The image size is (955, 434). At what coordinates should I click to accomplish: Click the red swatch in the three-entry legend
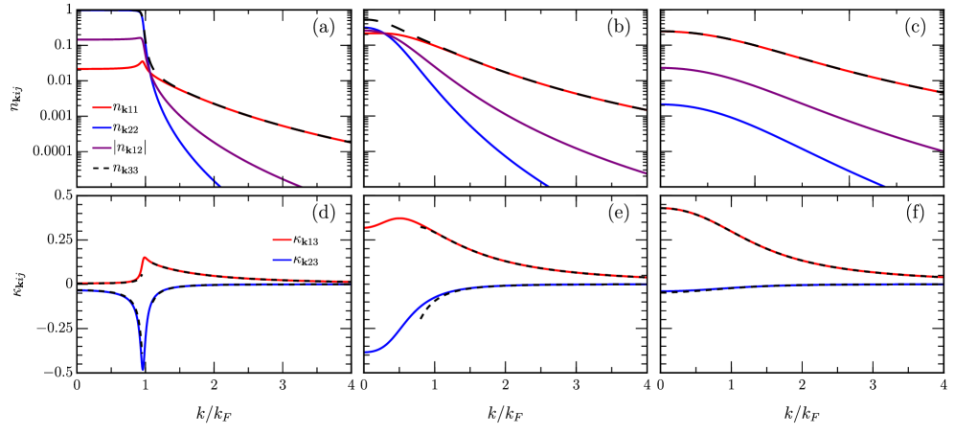point(102,108)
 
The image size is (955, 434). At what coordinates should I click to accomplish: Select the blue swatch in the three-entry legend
point(102,128)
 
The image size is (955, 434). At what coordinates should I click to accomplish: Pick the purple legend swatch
point(102,148)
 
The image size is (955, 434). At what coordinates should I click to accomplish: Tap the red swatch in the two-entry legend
point(282,240)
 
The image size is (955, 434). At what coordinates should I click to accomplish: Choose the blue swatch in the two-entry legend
point(282,260)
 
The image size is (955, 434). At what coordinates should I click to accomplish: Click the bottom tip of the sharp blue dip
point(143,370)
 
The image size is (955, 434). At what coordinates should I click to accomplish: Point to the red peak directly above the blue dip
point(145,257)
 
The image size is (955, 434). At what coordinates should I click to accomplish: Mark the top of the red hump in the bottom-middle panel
point(400,218)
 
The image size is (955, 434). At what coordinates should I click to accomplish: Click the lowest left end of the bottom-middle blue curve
point(366,353)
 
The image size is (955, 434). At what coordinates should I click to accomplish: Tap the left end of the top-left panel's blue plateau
point(82,12)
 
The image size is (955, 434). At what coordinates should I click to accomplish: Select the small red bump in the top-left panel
point(143,62)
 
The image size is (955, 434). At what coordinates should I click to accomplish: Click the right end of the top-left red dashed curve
point(345,142)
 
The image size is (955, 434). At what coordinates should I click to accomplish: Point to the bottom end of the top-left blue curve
point(219,186)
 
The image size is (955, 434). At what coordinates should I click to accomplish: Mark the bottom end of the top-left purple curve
point(302,186)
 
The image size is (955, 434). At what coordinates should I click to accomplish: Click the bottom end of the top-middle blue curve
point(549,186)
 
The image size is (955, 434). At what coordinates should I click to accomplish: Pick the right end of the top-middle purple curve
point(647,174)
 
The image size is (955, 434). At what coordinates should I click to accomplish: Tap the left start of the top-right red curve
point(663,34)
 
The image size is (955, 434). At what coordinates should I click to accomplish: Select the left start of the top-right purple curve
point(663,68)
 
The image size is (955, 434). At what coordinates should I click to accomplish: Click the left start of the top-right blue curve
point(663,104)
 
